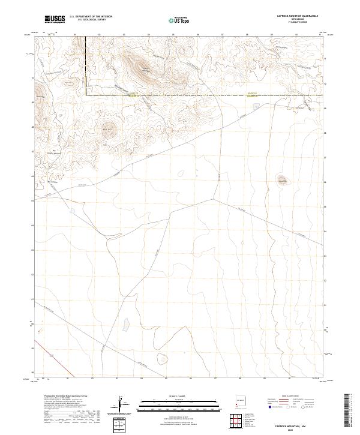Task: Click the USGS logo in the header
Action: pos(55,19)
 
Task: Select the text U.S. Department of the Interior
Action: pos(91,17)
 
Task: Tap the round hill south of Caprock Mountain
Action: pos(109,130)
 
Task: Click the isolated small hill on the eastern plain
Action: pos(281,179)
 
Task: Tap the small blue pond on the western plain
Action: pos(71,211)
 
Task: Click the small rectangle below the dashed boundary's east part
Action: pos(257,107)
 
